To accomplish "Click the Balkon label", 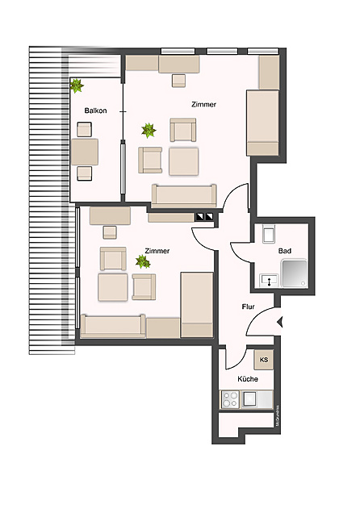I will click(x=95, y=110).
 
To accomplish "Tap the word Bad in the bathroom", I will click(x=284, y=252).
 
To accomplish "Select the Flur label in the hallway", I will click(x=249, y=307).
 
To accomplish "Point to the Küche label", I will click(x=247, y=378).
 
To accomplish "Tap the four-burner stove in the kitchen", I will click(x=230, y=398).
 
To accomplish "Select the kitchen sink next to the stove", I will click(x=249, y=398).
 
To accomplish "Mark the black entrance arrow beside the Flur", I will click(x=280, y=323).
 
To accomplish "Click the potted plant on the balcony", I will click(x=78, y=85).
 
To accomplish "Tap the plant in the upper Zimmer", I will click(x=148, y=128).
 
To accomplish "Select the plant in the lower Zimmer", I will click(x=143, y=261).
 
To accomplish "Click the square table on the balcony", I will click(x=85, y=151).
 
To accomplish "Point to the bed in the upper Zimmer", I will click(x=262, y=122).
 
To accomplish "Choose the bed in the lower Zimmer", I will click(x=196, y=304).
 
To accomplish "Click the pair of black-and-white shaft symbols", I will click(x=204, y=216).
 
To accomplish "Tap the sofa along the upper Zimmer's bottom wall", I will click(x=185, y=194).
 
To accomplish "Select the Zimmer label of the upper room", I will click(x=203, y=105).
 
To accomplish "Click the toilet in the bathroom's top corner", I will click(x=269, y=235).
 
